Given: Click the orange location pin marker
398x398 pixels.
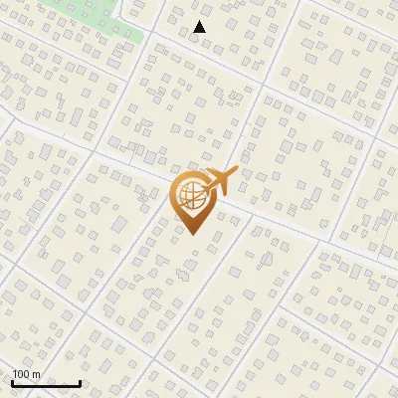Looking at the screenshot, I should pyautogui.click(x=191, y=200).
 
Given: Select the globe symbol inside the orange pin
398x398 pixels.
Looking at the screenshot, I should pyautogui.click(x=190, y=194).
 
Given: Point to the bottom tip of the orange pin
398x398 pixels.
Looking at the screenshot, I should pyautogui.click(x=191, y=233).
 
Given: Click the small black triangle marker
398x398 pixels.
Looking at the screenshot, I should pyautogui.click(x=200, y=27).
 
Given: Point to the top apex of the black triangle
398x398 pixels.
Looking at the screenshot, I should pyautogui.click(x=200, y=21).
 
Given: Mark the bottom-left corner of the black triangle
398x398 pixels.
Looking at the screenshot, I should pyautogui.click(x=194, y=33).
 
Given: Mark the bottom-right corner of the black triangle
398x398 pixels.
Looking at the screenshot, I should pyautogui.click(x=206, y=33).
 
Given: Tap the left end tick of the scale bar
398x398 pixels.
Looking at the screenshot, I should pyautogui.click(x=12, y=381).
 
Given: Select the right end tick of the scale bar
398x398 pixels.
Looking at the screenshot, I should pyautogui.click(x=81, y=381).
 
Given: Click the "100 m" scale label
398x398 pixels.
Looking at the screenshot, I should pyautogui.click(x=26, y=374).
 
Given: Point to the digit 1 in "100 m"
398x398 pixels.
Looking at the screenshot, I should pyautogui.click(x=15, y=374).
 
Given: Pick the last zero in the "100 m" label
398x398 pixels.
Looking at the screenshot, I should pyautogui.click(x=27, y=374).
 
